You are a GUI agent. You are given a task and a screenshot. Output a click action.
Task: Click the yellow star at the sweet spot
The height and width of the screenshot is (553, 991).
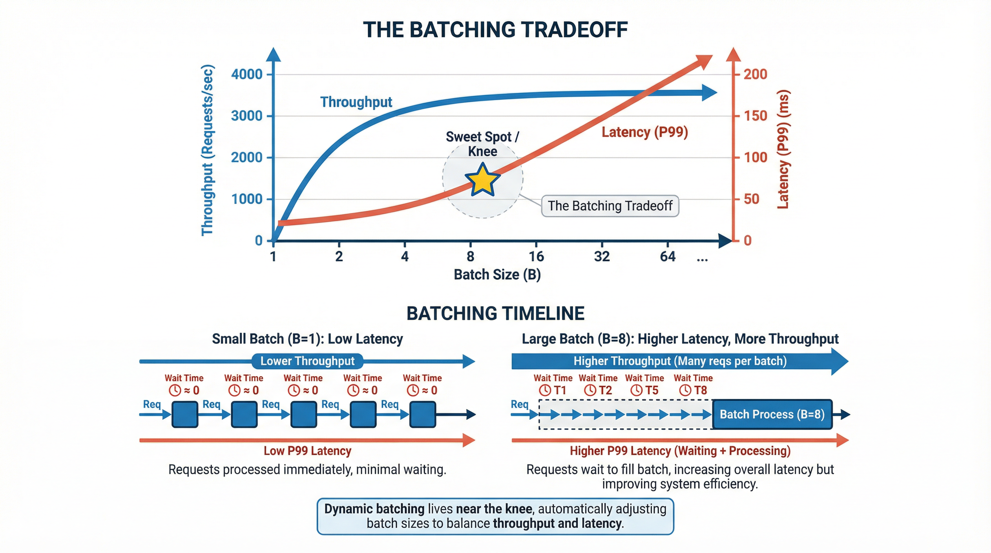click(483, 180)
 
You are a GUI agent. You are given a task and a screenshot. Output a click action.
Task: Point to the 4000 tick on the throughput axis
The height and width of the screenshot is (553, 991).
click(247, 74)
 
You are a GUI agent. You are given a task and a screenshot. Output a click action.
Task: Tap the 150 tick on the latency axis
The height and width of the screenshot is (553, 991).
click(755, 116)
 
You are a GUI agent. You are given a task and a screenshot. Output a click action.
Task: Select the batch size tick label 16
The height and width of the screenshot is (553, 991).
click(536, 256)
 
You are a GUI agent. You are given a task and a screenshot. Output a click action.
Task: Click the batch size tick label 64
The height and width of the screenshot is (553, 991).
click(668, 256)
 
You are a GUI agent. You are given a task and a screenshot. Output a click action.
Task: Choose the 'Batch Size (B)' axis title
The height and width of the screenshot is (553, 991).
click(497, 275)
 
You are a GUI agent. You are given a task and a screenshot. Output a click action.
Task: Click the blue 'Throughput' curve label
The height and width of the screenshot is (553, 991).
click(356, 102)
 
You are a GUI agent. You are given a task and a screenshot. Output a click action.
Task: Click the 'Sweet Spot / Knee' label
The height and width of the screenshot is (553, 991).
click(483, 144)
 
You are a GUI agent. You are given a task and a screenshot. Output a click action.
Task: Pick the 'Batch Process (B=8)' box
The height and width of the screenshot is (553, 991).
click(772, 414)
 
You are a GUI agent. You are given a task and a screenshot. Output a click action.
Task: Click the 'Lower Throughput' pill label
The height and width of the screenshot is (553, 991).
click(308, 361)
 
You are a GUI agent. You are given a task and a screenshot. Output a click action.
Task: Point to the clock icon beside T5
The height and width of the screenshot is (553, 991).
click(636, 390)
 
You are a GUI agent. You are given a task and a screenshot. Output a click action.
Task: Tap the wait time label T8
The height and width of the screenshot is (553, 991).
click(700, 390)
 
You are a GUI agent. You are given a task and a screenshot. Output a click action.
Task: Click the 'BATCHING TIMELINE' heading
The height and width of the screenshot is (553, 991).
click(495, 314)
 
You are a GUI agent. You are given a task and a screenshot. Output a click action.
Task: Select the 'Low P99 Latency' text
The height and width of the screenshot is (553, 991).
click(308, 451)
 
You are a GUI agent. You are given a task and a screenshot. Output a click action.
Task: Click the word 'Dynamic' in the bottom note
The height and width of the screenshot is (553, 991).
click(349, 509)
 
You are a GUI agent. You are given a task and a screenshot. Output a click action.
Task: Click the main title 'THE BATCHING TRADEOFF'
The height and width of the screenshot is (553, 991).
click(495, 30)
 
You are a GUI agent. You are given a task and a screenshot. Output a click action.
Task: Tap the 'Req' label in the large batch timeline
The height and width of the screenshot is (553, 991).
click(520, 404)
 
